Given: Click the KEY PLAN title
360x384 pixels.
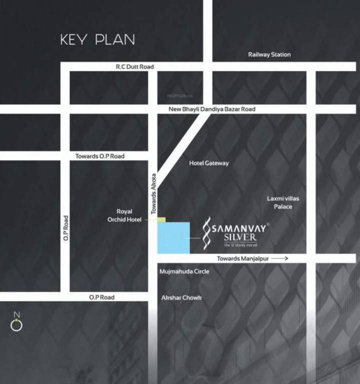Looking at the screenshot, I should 97,39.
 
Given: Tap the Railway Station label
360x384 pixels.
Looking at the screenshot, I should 269,54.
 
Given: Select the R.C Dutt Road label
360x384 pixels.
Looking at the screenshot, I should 134,66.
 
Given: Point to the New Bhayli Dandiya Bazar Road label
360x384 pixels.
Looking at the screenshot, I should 212,109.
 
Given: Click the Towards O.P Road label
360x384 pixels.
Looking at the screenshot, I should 100,156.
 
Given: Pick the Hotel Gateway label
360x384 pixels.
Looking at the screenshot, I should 209,163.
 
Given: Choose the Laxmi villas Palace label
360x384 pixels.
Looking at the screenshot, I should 283,202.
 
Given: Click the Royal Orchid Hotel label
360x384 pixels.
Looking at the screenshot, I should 124,215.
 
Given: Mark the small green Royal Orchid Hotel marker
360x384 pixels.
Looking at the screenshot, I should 161,219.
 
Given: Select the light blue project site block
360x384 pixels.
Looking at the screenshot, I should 173,237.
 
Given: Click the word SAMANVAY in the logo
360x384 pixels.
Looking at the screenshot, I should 239,228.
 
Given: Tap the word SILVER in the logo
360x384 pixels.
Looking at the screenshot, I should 240,237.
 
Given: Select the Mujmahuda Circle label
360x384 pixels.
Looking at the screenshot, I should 184,271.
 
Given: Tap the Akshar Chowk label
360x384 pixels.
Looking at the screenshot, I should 181,297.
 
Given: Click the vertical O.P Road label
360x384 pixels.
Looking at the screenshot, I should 65,229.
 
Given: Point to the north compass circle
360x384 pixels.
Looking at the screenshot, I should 16,325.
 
